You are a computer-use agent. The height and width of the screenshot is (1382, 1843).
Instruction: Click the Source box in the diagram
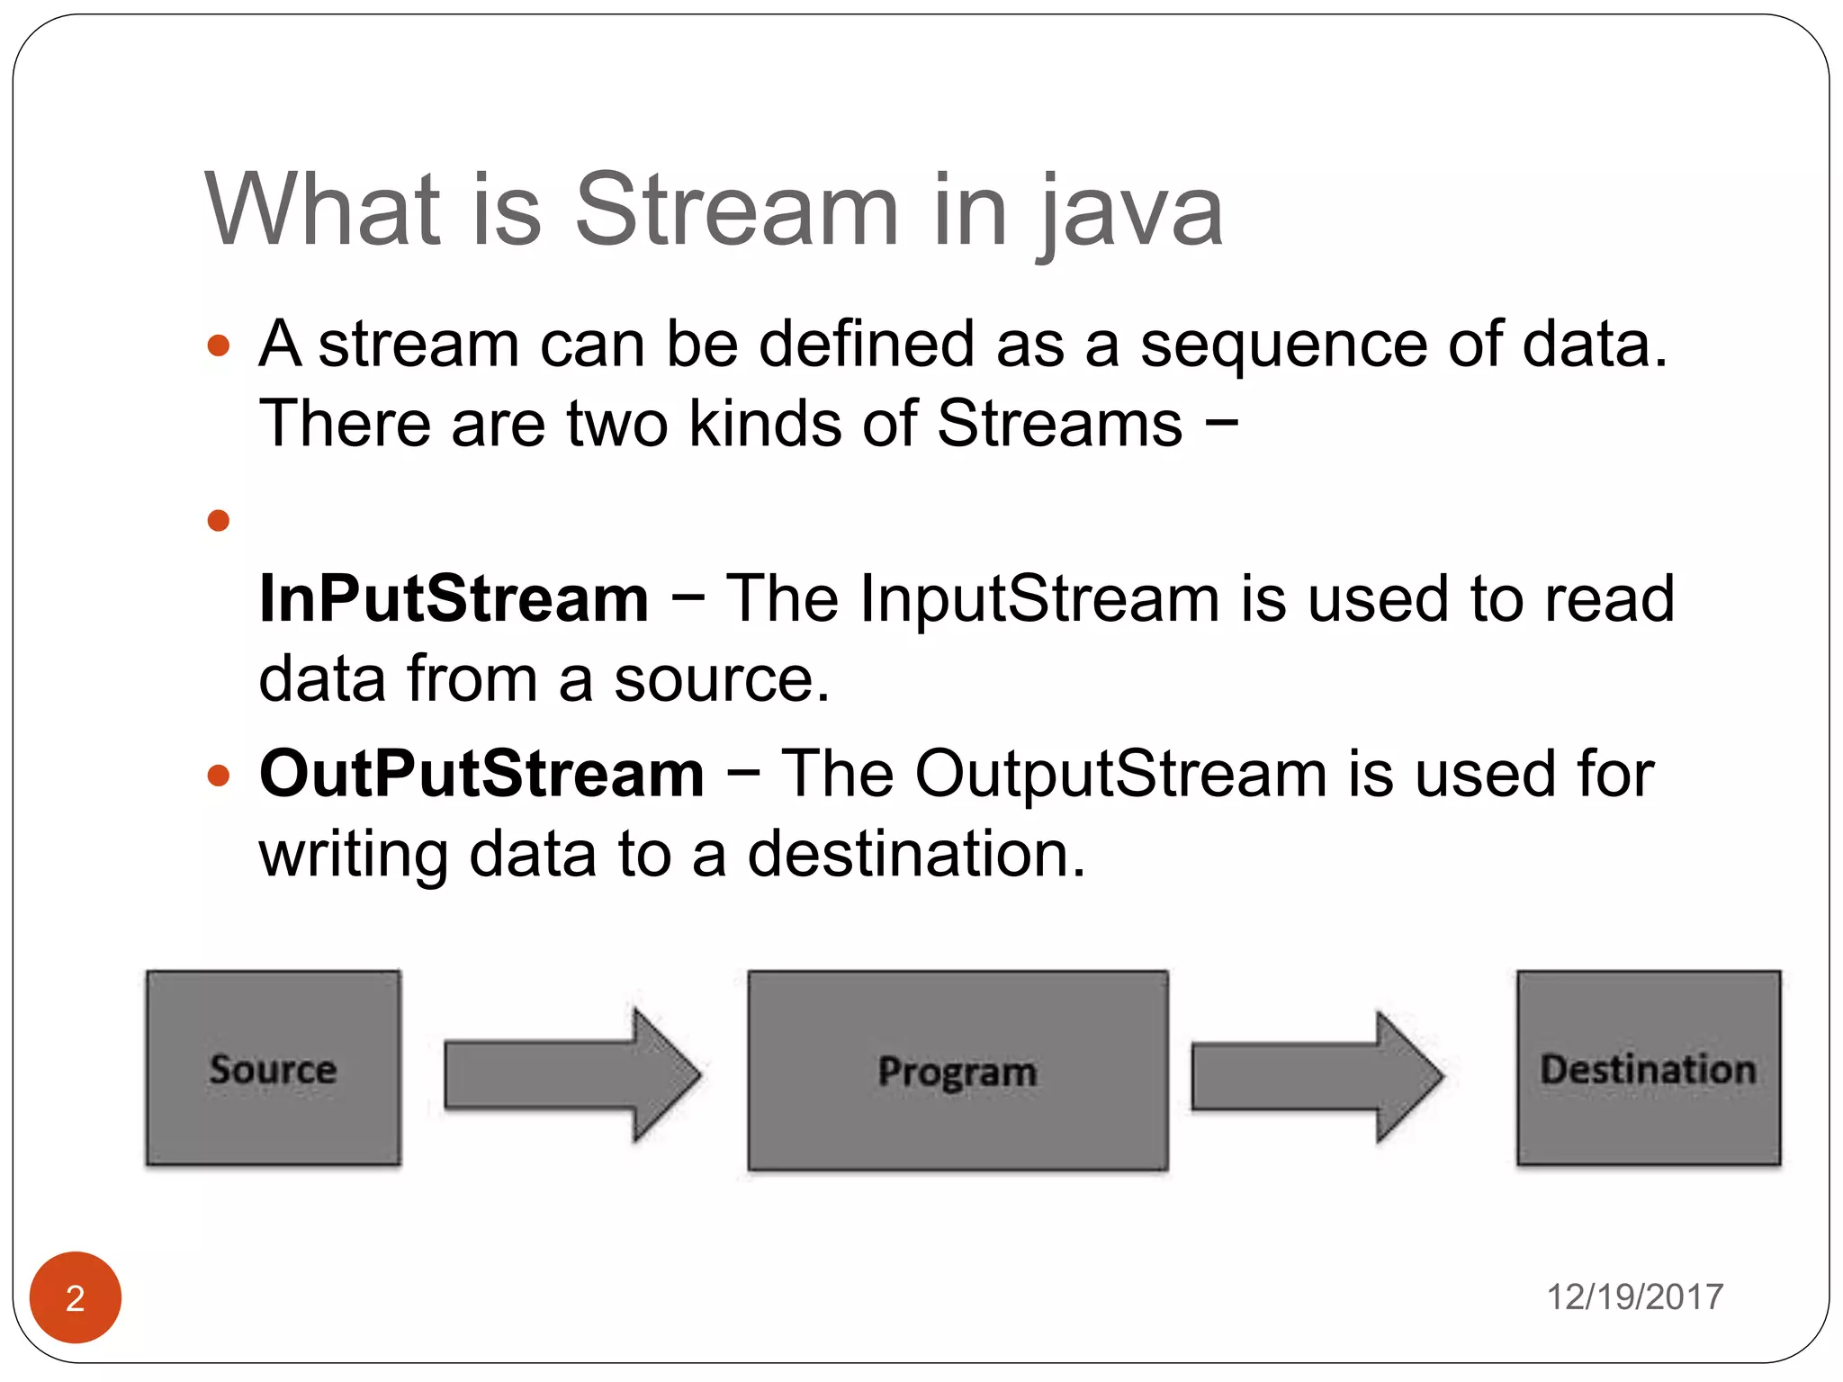(273, 1068)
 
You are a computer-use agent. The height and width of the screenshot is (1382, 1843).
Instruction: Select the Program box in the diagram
(957, 1071)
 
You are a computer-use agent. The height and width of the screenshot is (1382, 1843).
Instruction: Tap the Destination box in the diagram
(1648, 1068)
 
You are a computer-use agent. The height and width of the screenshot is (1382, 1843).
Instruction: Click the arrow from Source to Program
(571, 1074)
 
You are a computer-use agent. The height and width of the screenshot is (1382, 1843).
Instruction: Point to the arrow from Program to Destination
(1316, 1077)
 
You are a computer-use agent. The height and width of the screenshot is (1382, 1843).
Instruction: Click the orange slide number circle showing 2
(76, 1297)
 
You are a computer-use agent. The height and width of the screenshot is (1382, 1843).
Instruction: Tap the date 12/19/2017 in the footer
(1634, 1297)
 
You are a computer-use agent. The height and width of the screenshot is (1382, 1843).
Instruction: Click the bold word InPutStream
(454, 598)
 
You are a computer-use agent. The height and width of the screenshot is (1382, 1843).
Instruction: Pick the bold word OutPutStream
(481, 774)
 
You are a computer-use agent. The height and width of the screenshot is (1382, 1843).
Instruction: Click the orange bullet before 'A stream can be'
(219, 346)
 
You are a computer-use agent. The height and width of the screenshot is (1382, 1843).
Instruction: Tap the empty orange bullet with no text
(219, 520)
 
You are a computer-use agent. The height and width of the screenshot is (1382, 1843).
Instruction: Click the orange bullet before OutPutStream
(219, 775)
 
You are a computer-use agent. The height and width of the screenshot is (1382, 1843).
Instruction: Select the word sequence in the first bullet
(1283, 346)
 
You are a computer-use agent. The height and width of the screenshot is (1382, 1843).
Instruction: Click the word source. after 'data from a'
(722, 679)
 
